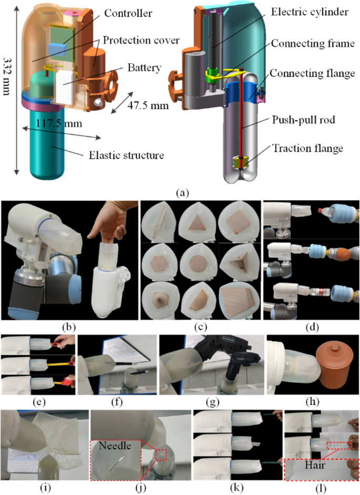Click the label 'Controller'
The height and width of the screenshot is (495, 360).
(x=128, y=13)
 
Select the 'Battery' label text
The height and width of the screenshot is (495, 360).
(x=144, y=67)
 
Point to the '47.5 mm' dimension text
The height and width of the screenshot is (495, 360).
(x=148, y=105)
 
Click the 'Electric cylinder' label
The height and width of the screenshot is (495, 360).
(x=310, y=12)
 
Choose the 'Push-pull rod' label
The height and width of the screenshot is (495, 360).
(x=304, y=120)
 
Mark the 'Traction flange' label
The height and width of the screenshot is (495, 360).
(x=307, y=148)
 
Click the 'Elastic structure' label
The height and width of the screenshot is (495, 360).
(x=126, y=155)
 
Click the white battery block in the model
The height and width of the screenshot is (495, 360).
(x=65, y=86)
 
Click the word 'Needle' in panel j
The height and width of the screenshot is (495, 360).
(x=115, y=446)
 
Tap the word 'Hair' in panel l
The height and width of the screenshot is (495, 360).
(x=315, y=464)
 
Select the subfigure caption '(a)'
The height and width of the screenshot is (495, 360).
(x=183, y=192)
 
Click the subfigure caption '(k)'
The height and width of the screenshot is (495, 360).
(x=236, y=488)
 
